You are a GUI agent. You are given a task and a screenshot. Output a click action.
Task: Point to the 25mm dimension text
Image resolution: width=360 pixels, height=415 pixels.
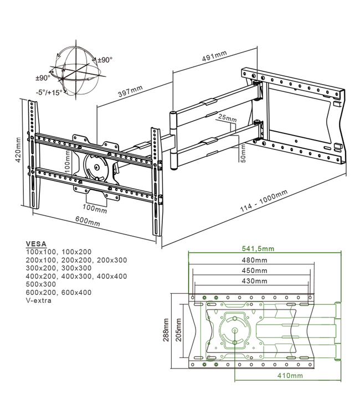227,118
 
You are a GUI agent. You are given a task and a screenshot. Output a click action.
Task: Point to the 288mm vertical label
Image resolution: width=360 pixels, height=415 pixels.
166,331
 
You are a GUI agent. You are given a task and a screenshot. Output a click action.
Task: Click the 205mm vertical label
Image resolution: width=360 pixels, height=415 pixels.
178,331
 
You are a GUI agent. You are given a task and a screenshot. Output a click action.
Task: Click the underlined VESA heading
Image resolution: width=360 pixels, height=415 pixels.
36,244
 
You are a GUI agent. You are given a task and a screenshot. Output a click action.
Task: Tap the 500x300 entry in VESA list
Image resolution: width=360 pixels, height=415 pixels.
42,284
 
